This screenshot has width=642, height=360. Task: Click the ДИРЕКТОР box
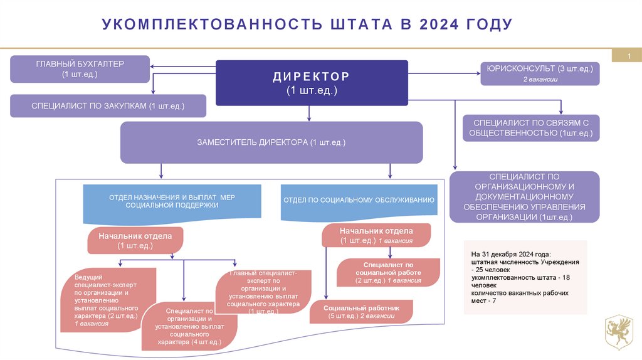tap(312, 83)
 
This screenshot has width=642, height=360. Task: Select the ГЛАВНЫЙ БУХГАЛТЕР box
tap(80, 69)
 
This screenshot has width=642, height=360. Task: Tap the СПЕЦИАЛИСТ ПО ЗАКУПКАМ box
tap(108, 106)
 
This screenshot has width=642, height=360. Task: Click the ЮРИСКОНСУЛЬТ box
tap(540, 73)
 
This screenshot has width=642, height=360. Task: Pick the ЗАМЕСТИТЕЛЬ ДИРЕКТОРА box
tap(271, 143)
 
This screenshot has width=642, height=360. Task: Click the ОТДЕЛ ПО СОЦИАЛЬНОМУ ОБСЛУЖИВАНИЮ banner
tap(359, 201)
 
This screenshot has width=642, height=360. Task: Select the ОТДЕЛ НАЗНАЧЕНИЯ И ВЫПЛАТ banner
tap(172, 202)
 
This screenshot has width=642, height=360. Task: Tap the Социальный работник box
tap(361, 312)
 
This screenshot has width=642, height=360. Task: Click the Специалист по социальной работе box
tap(387, 273)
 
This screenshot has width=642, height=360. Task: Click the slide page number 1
tap(629, 57)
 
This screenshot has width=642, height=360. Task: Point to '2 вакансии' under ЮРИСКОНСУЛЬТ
tap(540, 79)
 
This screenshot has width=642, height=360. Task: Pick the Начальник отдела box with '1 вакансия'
tap(376, 235)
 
